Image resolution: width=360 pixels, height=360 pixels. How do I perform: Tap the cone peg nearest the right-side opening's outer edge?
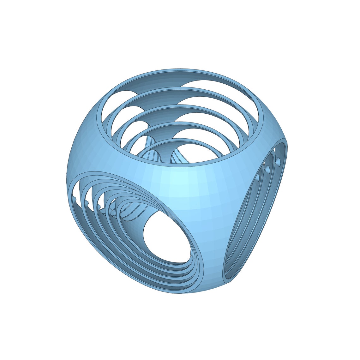(278, 162)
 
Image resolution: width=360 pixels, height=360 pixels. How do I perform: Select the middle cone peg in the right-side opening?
(267, 170)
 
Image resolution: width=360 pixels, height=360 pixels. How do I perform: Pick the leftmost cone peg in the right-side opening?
(257, 177)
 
